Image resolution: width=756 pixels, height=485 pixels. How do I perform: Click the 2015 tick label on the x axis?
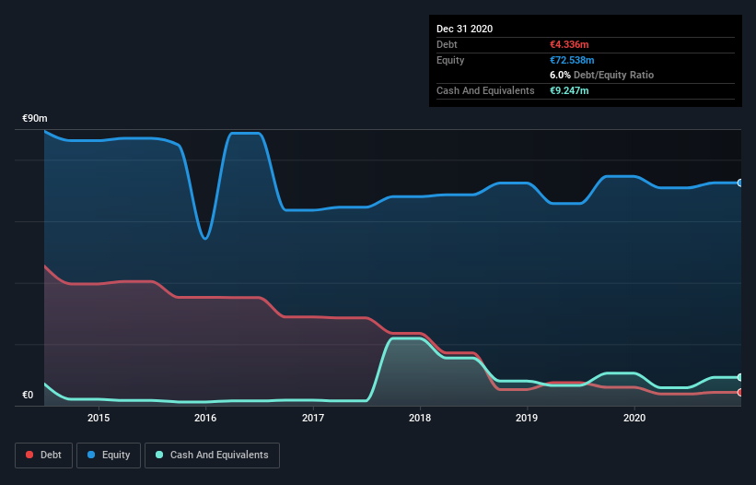[x=99, y=418]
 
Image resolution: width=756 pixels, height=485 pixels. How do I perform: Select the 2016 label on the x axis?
[x=205, y=418]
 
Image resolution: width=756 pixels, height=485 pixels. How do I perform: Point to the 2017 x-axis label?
[x=313, y=418]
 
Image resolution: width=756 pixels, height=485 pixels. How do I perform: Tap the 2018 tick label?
[x=420, y=418]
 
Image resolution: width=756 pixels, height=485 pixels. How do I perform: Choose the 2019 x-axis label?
[x=527, y=418]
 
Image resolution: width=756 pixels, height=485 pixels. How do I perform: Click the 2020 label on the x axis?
[x=634, y=418]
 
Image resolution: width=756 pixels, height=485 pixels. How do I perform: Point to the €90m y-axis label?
[x=35, y=119]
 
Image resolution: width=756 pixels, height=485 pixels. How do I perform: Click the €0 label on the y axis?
[x=28, y=396]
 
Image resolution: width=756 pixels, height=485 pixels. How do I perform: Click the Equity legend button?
[x=108, y=455]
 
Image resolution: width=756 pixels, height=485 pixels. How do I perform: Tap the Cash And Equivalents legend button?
[x=212, y=455]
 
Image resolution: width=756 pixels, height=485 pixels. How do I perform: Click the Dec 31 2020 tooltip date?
[x=464, y=29]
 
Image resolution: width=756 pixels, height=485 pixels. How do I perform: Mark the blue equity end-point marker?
[x=740, y=183]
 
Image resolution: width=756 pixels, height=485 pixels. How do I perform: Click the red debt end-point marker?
[x=740, y=392]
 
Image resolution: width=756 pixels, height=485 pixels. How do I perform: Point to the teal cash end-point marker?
[x=740, y=377]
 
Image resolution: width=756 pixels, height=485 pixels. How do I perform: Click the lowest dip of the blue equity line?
[x=204, y=239]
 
